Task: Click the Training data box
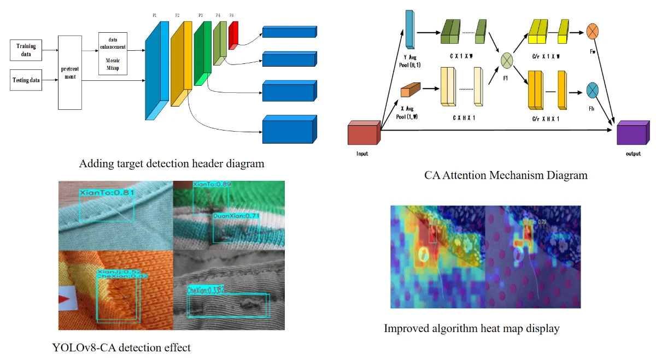click(x=26, y=50)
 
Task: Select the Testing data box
click(x=26, y=80)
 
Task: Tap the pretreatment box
click(x=70, y=73)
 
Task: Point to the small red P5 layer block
click(x=233, y=33)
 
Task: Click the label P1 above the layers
click(x=155, y=16)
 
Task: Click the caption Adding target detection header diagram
click(x=172, y=163)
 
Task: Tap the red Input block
click(x=363, y=134)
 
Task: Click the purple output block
click(x=632, y=134)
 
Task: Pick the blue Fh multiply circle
click(x=594, y=90)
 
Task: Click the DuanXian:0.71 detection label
click(x=237, y=216)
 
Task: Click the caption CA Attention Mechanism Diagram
click(x=506, y=175)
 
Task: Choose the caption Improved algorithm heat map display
click(x=472, y=328)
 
